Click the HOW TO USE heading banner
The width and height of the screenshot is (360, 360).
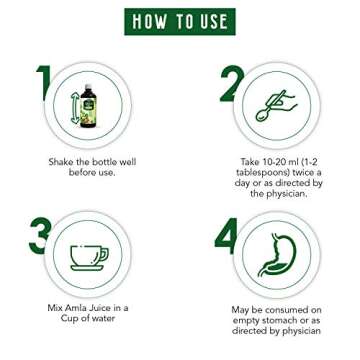(x=180, y=22)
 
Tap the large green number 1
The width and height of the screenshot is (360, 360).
(x=44, y=83)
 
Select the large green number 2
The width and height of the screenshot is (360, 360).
(x=232, y=83)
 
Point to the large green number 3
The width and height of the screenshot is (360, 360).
(x=40, y=236)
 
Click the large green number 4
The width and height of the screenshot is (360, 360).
(x=226, y=236)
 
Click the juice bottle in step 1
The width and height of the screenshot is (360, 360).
(x=88, y=106)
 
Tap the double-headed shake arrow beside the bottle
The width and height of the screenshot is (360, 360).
(x=75, y=108)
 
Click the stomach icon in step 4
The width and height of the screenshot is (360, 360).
(x=277, y=255)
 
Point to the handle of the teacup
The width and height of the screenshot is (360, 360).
(x=104, y=254)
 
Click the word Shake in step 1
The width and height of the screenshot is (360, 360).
(x=60, y=162)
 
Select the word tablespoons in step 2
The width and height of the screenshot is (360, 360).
(x=258, y=172)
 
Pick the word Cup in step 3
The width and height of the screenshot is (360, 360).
(x=68, y=318)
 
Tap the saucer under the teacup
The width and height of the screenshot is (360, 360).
(x=86, y=268)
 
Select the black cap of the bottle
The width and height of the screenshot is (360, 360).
(x=88, y=86)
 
